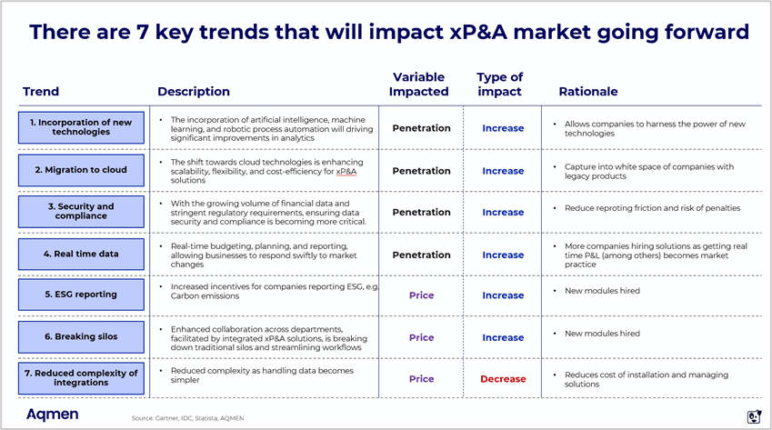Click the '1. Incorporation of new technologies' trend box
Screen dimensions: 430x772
80,127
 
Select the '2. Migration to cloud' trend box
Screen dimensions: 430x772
80,170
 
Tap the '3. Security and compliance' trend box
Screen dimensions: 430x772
80,212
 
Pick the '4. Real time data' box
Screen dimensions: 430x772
80,255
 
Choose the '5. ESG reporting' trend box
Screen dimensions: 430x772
80,295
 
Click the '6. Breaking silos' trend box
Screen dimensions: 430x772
80,337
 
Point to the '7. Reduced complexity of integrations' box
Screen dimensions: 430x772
80,378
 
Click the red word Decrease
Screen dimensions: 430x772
503,379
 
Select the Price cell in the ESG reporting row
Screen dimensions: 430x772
421,295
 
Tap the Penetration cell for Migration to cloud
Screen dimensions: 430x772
421,171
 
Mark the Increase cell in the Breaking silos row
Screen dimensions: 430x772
503,337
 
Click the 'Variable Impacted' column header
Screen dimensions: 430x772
418,85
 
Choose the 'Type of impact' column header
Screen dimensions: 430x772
499,85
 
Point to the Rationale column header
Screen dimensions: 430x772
587,92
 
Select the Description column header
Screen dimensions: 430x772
194,92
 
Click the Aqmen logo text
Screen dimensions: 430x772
52,415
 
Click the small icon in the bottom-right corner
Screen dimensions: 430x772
753,416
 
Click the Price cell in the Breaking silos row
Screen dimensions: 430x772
421,337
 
